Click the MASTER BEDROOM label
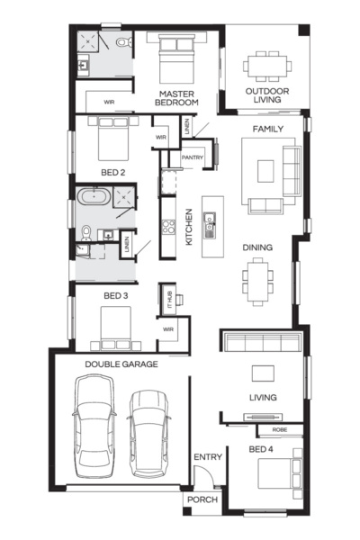tap(177, 97)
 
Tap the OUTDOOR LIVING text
tap(266, 94)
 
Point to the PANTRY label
tap(193, 157)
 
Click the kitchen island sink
tap(209, 220)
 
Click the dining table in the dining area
tap(258, 280)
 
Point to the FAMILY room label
tap(267, 130)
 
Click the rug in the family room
tap(266, 171)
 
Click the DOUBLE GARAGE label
tap(121, 364)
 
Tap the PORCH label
tap(202, 499)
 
